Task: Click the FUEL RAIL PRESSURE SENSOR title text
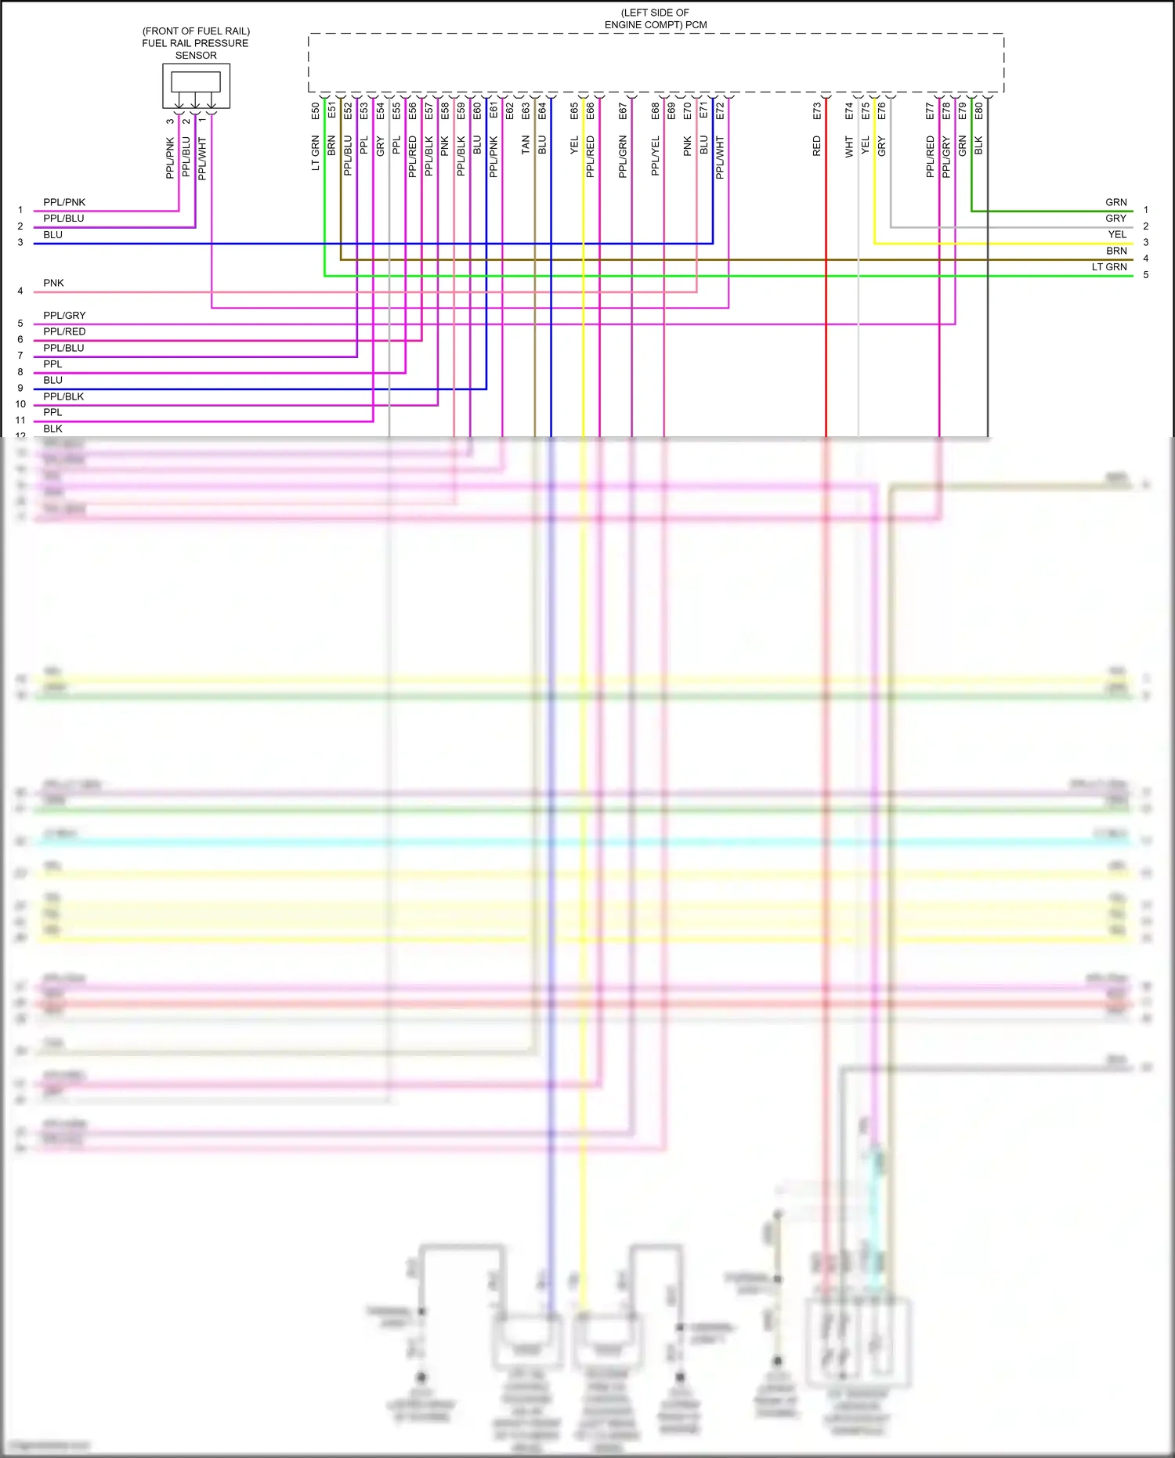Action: click(195, 43)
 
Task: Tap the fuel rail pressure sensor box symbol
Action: click(196, 85)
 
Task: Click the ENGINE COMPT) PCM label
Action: click(655, 24)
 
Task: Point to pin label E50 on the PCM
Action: click(316, 110)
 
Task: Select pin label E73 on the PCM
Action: click(817, 110)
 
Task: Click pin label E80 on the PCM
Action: click(978, 110)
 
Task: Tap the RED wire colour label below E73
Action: click(817, 146)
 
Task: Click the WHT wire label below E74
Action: click(849, 147)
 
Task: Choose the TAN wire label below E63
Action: click(526, 145)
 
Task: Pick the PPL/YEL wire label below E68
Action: click(656, 156)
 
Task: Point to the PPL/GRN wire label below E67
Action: click(623, 156)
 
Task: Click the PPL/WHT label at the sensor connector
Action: click(202, 158)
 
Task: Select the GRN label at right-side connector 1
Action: click(1115, 202)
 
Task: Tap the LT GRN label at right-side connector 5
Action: click(1109, 267)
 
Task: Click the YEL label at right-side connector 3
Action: click(1117, 234)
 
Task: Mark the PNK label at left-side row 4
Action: click(53, 283)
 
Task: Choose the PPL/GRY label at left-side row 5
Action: click(64, 315)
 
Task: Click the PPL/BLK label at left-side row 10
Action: click(63, 396)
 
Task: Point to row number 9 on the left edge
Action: click(20, 388)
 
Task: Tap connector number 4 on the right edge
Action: click(1145, 259)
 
